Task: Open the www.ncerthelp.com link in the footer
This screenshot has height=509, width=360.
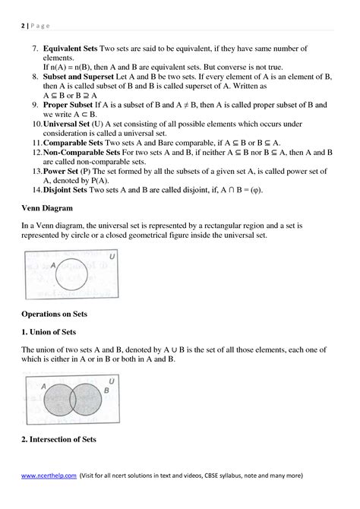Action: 49,475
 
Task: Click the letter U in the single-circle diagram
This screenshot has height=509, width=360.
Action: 112,258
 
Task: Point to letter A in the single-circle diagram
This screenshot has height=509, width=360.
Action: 53,266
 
